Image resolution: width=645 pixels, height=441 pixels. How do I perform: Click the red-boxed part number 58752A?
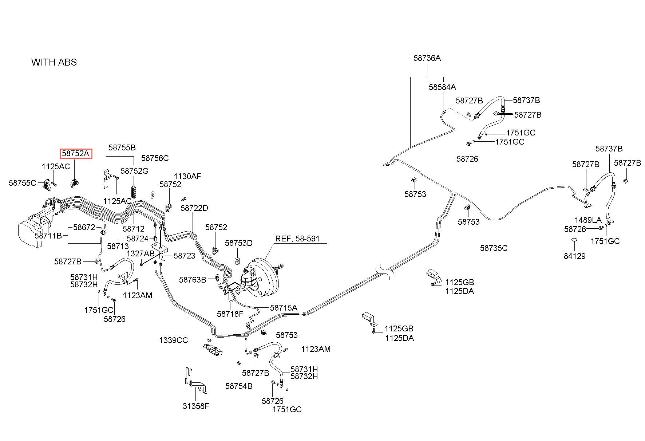coord(76,154)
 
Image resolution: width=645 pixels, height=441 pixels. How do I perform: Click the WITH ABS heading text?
coord(54,62)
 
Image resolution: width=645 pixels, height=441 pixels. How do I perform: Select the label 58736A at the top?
coord(427,58)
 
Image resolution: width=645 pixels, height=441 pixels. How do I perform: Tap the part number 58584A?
coord(442,87)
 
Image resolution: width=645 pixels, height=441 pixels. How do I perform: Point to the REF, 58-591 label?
coord(297,239)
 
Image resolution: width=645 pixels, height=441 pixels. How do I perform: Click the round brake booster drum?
coord(264,277)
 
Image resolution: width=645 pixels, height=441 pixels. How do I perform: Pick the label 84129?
coord(575,256)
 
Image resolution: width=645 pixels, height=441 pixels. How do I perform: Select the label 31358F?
coord(196,406)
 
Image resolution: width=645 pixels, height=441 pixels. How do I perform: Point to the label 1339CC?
coord(174,340)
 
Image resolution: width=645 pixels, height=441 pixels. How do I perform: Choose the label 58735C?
coord(494,248)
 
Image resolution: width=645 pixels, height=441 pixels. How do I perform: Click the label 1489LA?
coord(588,220)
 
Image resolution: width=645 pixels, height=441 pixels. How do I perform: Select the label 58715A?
coord(284,308)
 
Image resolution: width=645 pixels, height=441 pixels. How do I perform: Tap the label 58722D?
coord(194,208)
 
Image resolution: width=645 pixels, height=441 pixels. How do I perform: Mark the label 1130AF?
coord(187,176)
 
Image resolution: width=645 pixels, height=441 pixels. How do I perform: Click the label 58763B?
coord(193,280)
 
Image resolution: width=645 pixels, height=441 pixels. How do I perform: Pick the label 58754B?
coord(239,386)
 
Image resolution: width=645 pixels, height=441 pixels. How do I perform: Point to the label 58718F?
coord(230,314)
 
